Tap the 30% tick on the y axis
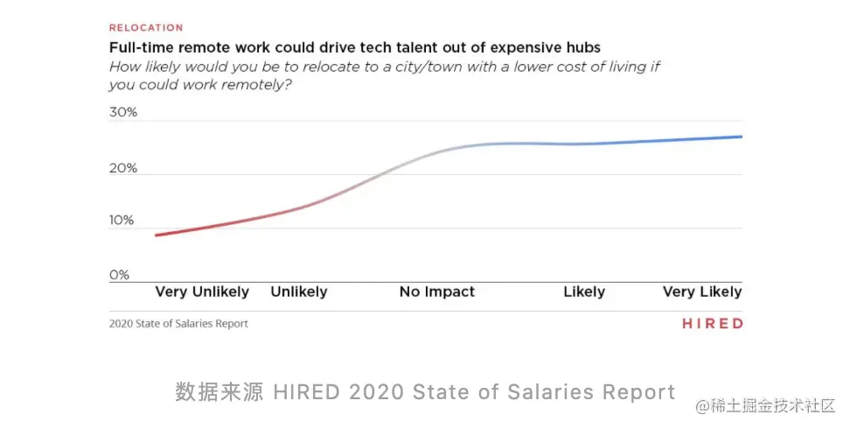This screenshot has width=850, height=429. [123, 113]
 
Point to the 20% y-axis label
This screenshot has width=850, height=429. [123, 167]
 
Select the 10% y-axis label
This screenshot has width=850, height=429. [122, 221]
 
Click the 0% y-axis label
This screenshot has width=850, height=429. [119, 275]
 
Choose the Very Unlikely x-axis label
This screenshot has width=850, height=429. [202, 292]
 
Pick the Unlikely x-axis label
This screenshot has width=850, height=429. [299, 292]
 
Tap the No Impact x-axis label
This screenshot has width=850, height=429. [437, 292]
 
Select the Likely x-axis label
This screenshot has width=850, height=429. [584, 292]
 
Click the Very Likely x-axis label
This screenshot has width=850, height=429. [702, 292]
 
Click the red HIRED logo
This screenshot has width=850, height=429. [713, 324]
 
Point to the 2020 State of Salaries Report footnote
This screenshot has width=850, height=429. [178, 324]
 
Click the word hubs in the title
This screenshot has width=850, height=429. [583, 46]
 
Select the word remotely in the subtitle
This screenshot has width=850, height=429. [260, 85]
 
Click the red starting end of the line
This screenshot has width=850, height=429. [157, 235]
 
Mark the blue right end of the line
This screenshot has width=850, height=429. [740, 137]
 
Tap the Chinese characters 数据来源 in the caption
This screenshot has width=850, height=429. [219, 391]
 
